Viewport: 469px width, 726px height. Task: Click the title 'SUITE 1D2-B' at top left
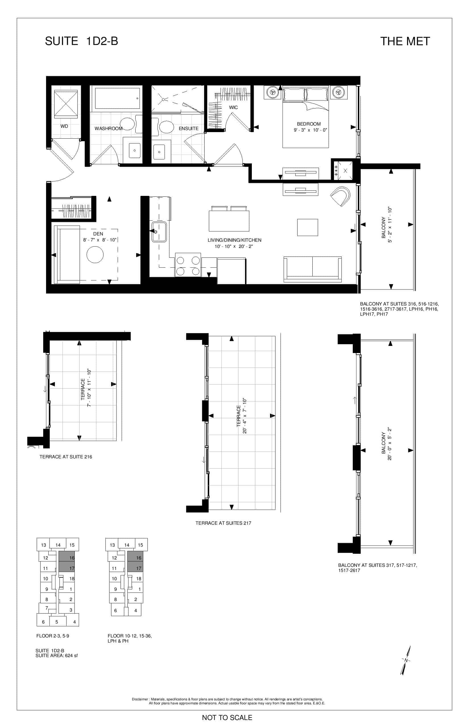tap(81, 41)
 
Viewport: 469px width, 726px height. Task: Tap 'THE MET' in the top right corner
tap(405, 41)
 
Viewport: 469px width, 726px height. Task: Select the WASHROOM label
tap(108, 128)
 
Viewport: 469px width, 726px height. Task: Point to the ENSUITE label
tap(188, 128)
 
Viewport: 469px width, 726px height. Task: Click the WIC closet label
tap(233, 107)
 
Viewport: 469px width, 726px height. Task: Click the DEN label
tap(98, 234)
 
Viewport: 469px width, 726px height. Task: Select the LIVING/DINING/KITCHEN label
tap(234, 240)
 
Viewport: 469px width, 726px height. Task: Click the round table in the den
tap(95, 254)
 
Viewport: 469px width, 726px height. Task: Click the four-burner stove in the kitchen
tap(188, 264)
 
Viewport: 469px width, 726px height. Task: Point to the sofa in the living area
tap(312, 269)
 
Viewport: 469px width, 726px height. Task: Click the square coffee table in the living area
tap(308, 227)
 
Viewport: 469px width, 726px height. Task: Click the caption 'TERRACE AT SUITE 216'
tap(66, 457)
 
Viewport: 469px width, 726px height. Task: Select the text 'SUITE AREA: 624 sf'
tap(57, 655)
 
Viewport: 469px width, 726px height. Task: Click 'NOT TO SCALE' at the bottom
tap(227, 717)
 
